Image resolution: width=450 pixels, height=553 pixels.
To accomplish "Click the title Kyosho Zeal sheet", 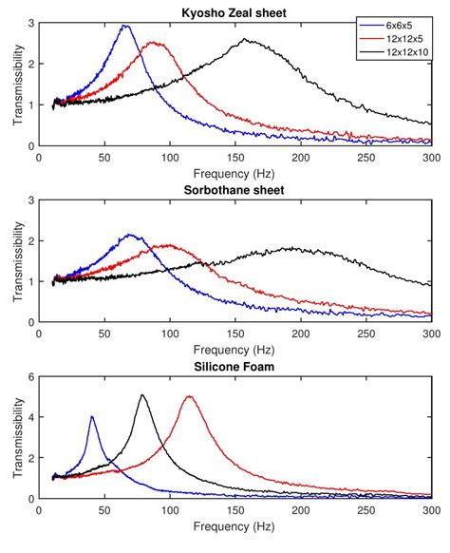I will click(235, 12).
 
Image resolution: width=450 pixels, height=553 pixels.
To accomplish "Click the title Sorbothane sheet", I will click(235, 189).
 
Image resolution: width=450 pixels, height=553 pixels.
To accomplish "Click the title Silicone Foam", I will click(235, 366).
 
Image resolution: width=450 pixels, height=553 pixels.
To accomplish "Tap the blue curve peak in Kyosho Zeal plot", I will click(125, 27).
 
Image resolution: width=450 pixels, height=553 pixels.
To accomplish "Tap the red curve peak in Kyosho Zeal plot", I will click(153, 43).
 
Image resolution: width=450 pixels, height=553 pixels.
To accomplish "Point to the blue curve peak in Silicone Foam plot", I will click(91, 416).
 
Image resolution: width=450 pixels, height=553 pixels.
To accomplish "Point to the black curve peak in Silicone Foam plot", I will click(141, 395).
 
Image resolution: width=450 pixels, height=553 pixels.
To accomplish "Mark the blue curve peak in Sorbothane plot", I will click(131, 235).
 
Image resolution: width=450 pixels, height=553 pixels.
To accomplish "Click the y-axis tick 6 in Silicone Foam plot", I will click(31, 376).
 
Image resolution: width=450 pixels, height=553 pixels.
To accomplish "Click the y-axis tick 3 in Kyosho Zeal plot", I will click(31, 23).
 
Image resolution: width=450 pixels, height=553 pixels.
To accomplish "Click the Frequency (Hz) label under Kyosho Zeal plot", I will click(235, 175).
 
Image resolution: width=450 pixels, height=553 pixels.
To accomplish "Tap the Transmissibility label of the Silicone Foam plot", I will click(13, 436).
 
